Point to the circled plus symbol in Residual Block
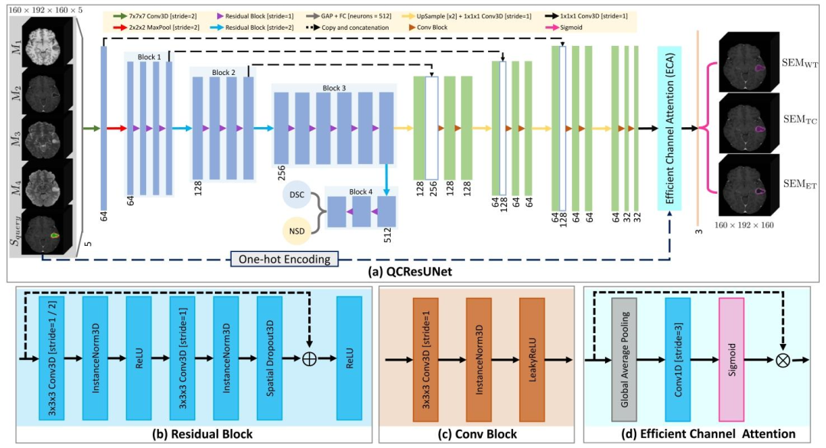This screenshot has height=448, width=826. [x=310, y=358]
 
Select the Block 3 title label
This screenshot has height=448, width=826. [x=333, y=88]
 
